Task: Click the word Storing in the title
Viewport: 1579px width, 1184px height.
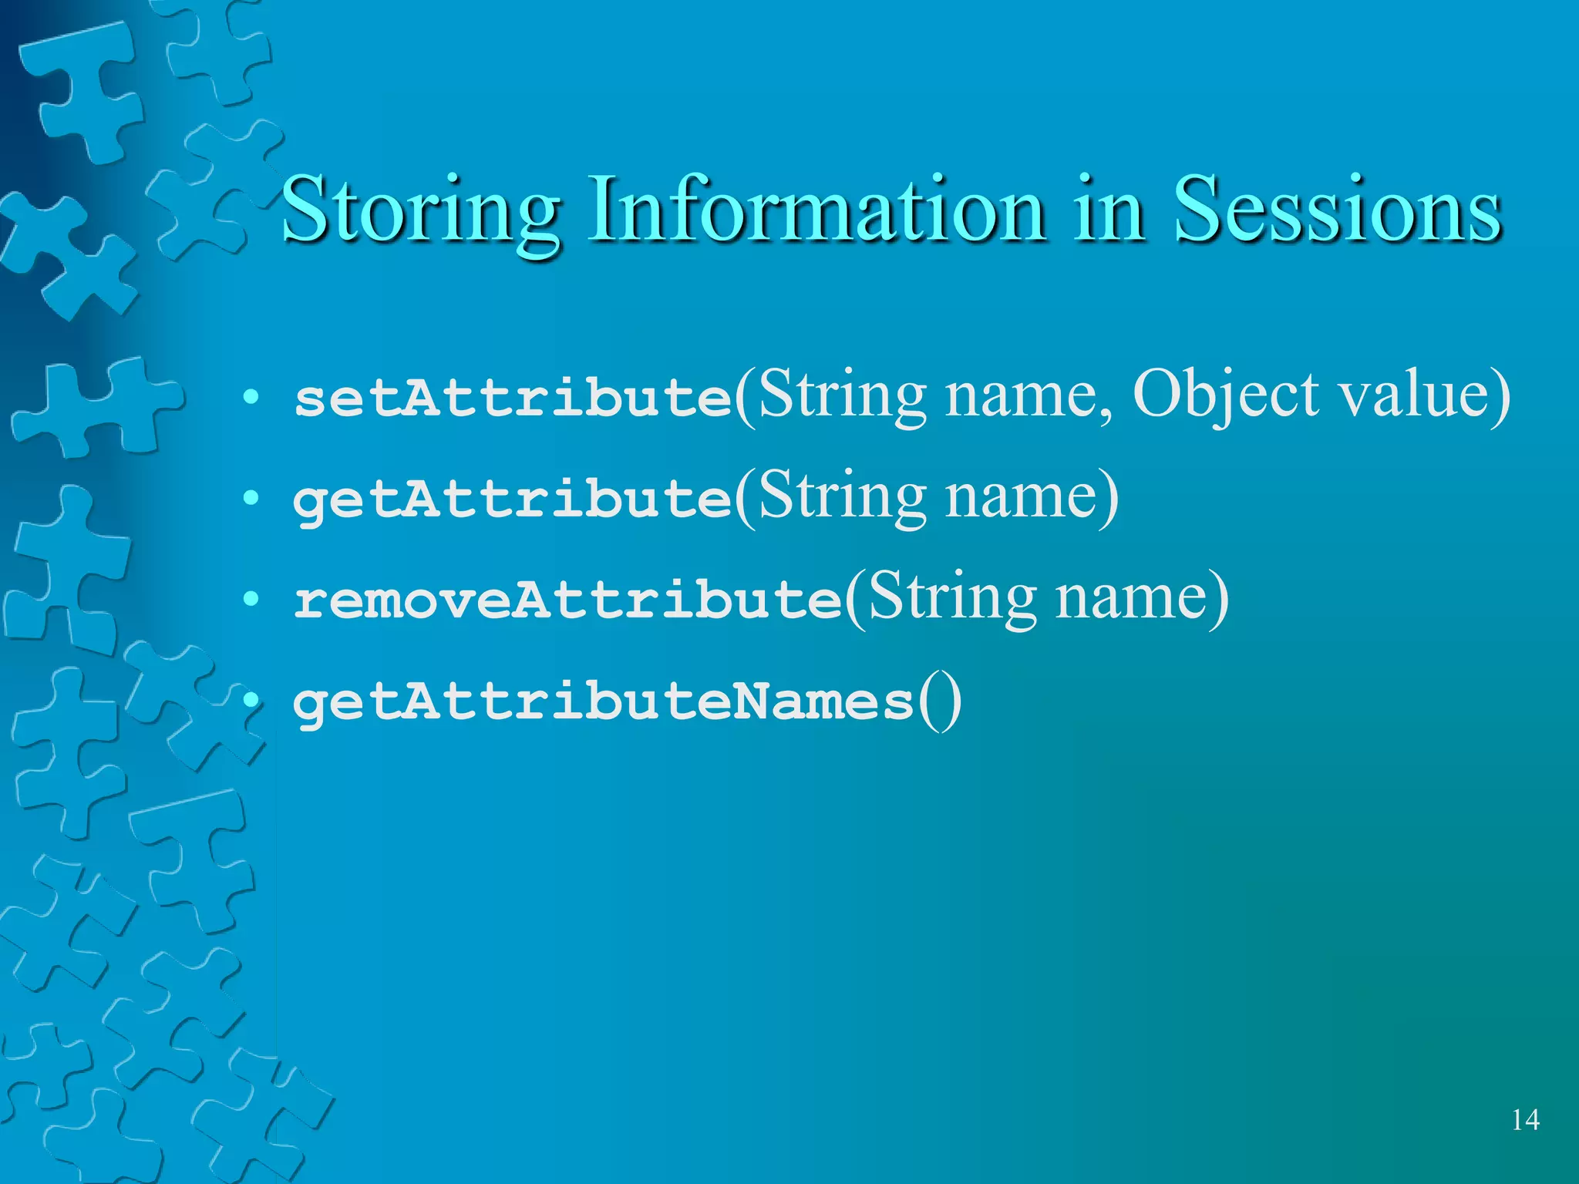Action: point(420,210)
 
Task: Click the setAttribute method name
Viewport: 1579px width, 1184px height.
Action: point(513,397)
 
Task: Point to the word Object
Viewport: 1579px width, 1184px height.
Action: point(1225,395)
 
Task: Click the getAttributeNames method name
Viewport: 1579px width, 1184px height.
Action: point(603,701)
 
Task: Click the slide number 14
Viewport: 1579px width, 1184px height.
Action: point(1525,1119)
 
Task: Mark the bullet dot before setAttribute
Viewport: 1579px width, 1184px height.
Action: point(250,398)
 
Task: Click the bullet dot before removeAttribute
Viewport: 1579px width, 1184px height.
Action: point(250,600)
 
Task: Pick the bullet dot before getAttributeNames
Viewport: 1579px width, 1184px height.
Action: point(250,701)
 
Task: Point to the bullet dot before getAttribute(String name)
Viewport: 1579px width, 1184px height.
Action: point(250,499)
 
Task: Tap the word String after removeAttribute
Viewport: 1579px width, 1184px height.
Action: point(952,597)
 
